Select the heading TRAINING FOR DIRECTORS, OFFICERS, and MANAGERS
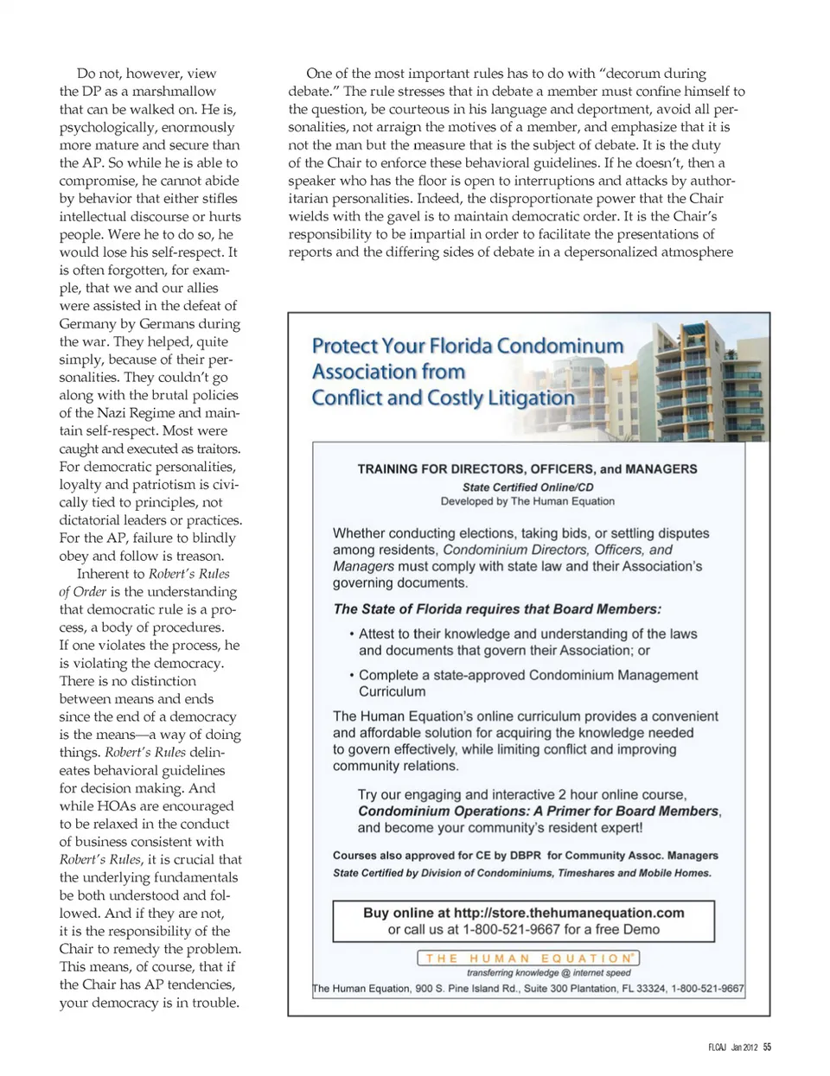point(527,468)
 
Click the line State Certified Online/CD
point(527,487)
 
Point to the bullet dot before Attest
point(351,634)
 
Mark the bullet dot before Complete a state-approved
point(351,676)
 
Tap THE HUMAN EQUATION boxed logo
point(528,958)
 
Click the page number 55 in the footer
point(768,1047)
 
